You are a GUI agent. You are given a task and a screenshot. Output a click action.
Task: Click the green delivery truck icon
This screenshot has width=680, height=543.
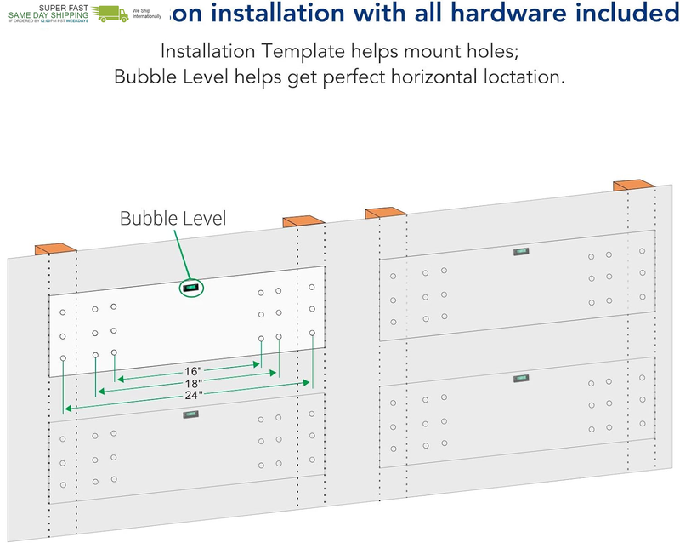tap(111, 13)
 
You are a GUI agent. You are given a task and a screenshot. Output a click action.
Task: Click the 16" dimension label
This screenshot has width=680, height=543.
tap(194, 371)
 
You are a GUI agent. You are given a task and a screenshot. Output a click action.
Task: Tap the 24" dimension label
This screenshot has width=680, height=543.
tap(194, 397)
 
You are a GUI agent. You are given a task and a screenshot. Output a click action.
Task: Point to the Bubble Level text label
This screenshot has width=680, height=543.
tap(173, 219)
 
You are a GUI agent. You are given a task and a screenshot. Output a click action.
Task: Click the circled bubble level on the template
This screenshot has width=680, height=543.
tap(191, 289)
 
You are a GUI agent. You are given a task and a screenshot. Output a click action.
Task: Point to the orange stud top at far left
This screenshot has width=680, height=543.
tap(55, 249)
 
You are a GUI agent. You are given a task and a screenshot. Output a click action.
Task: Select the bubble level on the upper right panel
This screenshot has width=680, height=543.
tap(520, 252)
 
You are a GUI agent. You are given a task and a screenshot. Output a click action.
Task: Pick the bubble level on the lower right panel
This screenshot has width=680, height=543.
tap(520, 378)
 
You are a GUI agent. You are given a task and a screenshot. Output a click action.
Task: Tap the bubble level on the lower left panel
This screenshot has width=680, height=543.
tap(191, 414)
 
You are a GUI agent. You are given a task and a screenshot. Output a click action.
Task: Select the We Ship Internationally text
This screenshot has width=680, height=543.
tap(147, 13)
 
